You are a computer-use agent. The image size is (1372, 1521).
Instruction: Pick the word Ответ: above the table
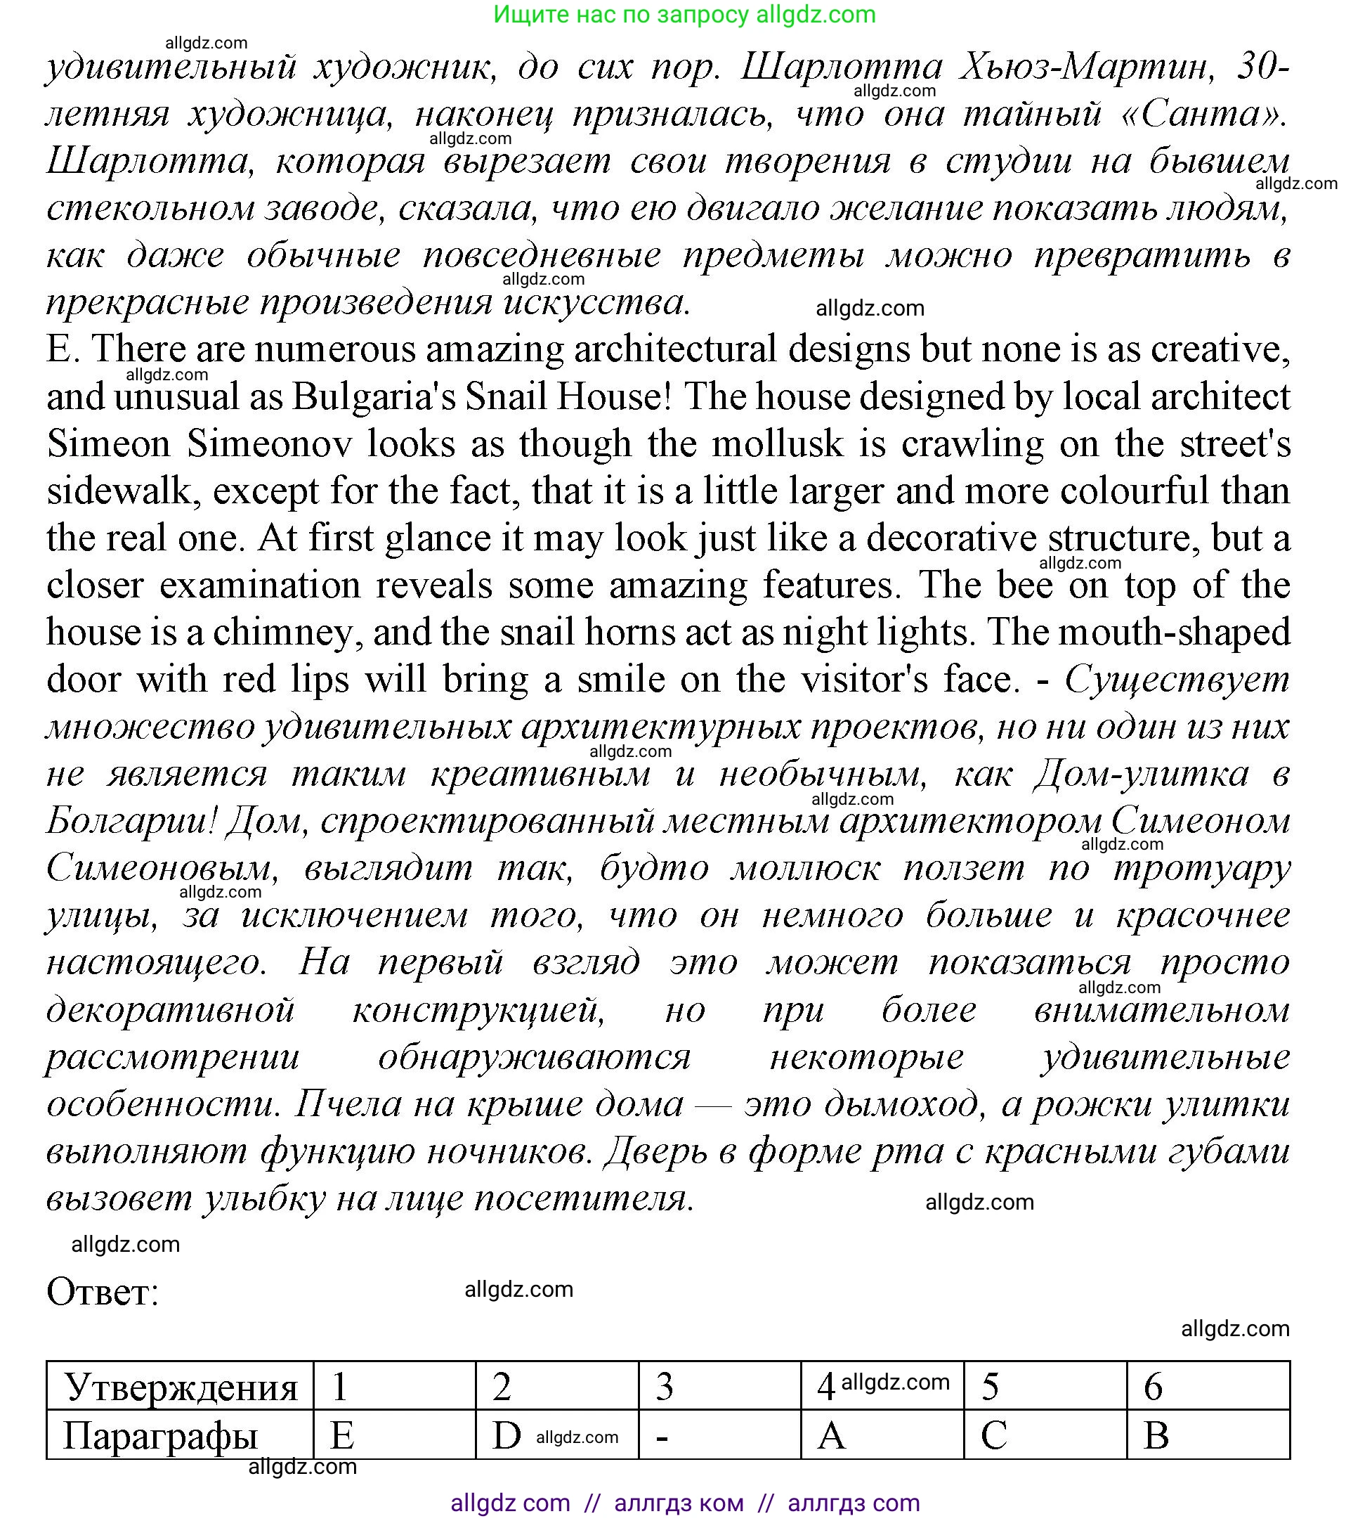click(103, 1292)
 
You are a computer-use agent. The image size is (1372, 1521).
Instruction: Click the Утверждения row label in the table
click(181, 1387)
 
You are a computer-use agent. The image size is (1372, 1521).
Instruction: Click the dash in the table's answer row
click(662, 1436)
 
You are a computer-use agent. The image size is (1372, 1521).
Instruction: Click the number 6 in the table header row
click(1154, 1387)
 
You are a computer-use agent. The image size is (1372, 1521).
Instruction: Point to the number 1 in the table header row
click(340, 1387)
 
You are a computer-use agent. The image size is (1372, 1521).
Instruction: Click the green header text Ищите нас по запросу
click(621, 14)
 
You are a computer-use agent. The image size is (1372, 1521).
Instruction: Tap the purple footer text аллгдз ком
click(679, 1503)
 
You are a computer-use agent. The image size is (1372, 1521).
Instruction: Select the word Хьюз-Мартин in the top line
click(1086, 68)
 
